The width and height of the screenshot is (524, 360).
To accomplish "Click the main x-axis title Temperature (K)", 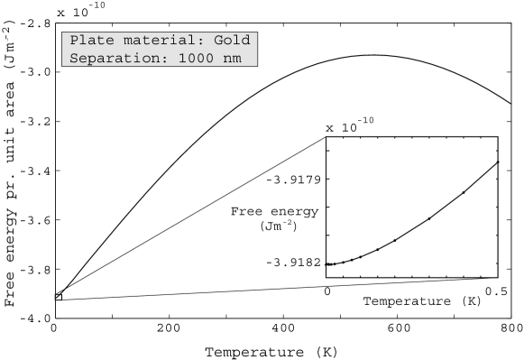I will [271, 351].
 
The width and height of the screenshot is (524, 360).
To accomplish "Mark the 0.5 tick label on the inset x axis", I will [495, 291].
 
